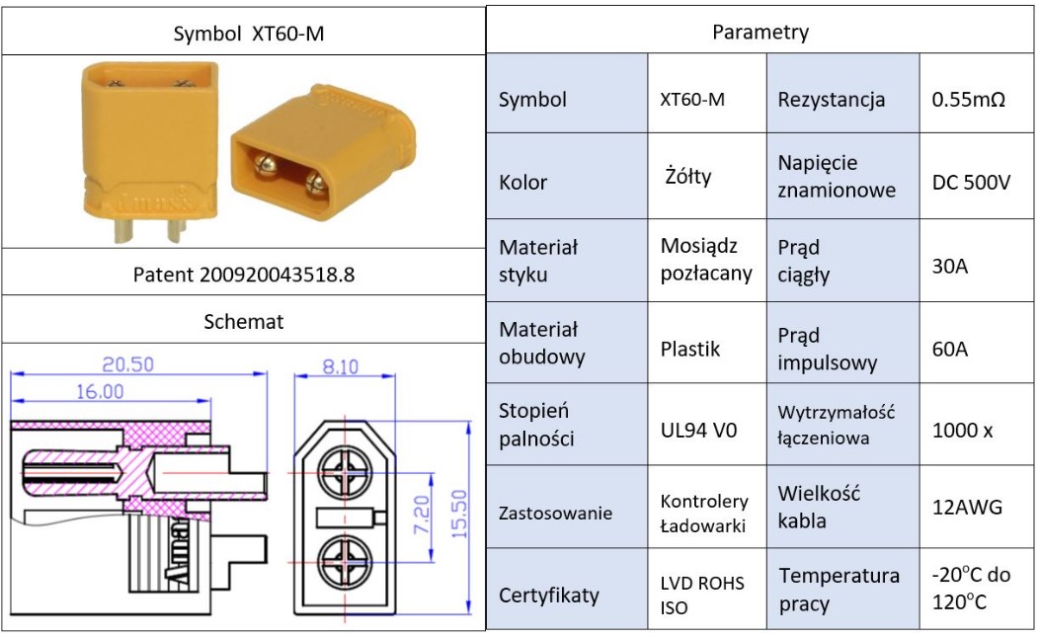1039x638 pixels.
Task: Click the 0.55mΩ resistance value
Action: [968, 100]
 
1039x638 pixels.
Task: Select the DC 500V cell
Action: [971, 182]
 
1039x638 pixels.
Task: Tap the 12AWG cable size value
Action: [967, 508]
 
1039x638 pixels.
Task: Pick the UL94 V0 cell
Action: [698, 431]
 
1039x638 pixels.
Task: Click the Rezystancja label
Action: [831, 100]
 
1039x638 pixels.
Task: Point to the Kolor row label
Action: [522, 182]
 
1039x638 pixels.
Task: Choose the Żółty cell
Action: [687, 176]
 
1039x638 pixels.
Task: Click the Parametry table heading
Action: [760, 32]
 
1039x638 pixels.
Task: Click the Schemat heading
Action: [243, 321]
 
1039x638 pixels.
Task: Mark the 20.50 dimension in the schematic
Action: [127, 364]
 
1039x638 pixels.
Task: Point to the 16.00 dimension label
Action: [100, 391]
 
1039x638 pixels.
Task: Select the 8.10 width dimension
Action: [340, 366]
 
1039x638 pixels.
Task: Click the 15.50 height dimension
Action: [459, 515]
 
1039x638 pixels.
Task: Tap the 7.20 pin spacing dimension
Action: [422, 515]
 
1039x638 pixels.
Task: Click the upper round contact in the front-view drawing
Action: [345, 473]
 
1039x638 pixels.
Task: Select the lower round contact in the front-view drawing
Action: [345, 563]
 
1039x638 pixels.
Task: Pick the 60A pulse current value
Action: [949, 349]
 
